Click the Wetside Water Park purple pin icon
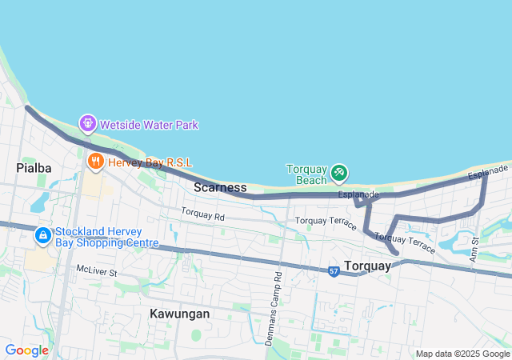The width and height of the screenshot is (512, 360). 87,124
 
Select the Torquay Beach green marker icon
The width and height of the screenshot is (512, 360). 339,171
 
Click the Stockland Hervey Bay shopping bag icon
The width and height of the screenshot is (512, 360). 43,236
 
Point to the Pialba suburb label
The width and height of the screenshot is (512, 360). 34,168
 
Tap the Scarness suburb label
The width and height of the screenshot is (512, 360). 220,187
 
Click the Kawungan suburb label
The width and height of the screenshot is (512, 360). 179,314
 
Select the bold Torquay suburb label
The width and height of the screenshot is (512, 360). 367,266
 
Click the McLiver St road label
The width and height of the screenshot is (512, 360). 97,273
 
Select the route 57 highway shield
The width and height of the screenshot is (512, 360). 333,271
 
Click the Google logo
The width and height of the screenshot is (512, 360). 26,350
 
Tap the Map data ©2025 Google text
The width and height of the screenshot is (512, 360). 462,354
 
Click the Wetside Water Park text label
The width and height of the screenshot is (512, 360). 149,125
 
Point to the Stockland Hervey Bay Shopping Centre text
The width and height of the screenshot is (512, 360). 106,237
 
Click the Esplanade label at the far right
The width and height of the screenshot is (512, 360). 488,172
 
